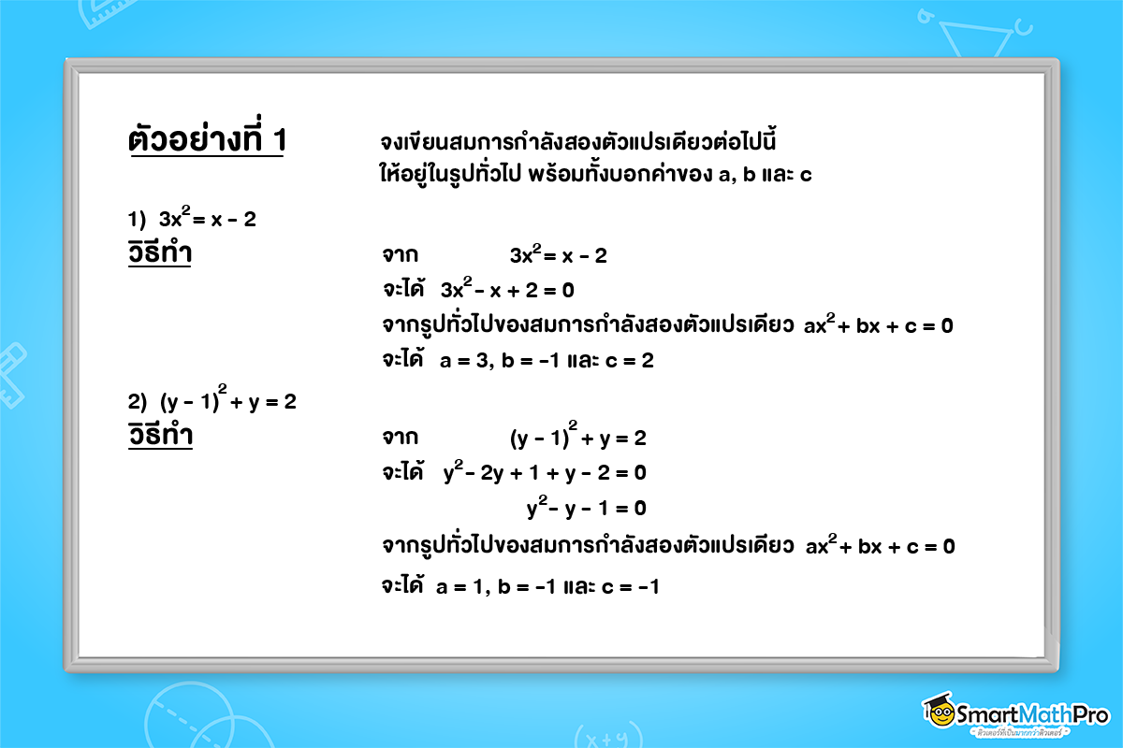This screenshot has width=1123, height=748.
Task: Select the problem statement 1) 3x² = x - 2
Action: (192, 221)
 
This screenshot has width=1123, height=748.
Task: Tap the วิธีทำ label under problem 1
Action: (160, 254)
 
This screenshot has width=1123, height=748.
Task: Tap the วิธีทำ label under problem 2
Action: (160, 437)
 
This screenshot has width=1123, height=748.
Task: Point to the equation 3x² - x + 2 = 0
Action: (506, 290)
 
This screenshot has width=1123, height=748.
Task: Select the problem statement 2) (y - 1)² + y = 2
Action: (212, 402)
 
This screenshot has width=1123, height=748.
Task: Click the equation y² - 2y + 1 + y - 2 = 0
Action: (545, 472)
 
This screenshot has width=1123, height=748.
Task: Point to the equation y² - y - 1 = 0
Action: (586, 509)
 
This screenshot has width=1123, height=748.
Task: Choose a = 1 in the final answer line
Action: (460, 587)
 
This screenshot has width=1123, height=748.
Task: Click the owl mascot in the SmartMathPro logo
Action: (941, 712)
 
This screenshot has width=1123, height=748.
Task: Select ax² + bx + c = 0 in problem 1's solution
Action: (879, 327)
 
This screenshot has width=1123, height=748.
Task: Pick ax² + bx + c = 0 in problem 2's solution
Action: (880, 547)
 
